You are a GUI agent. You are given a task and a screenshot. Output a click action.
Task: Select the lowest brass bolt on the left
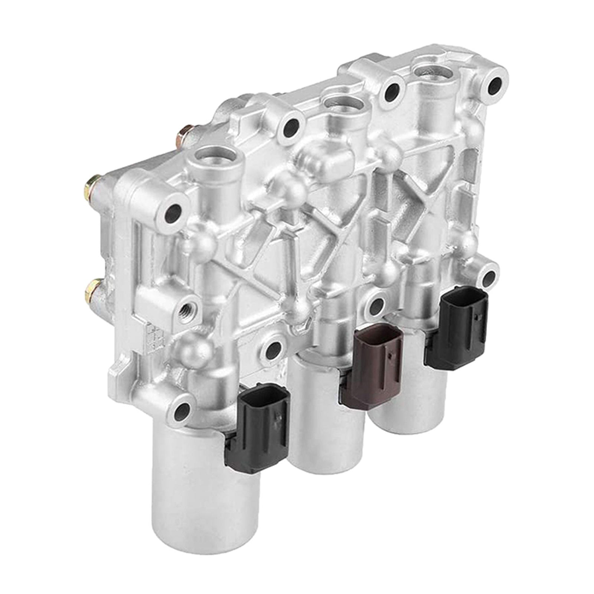(91, 288)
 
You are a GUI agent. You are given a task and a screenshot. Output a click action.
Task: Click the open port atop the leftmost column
(212, 156)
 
